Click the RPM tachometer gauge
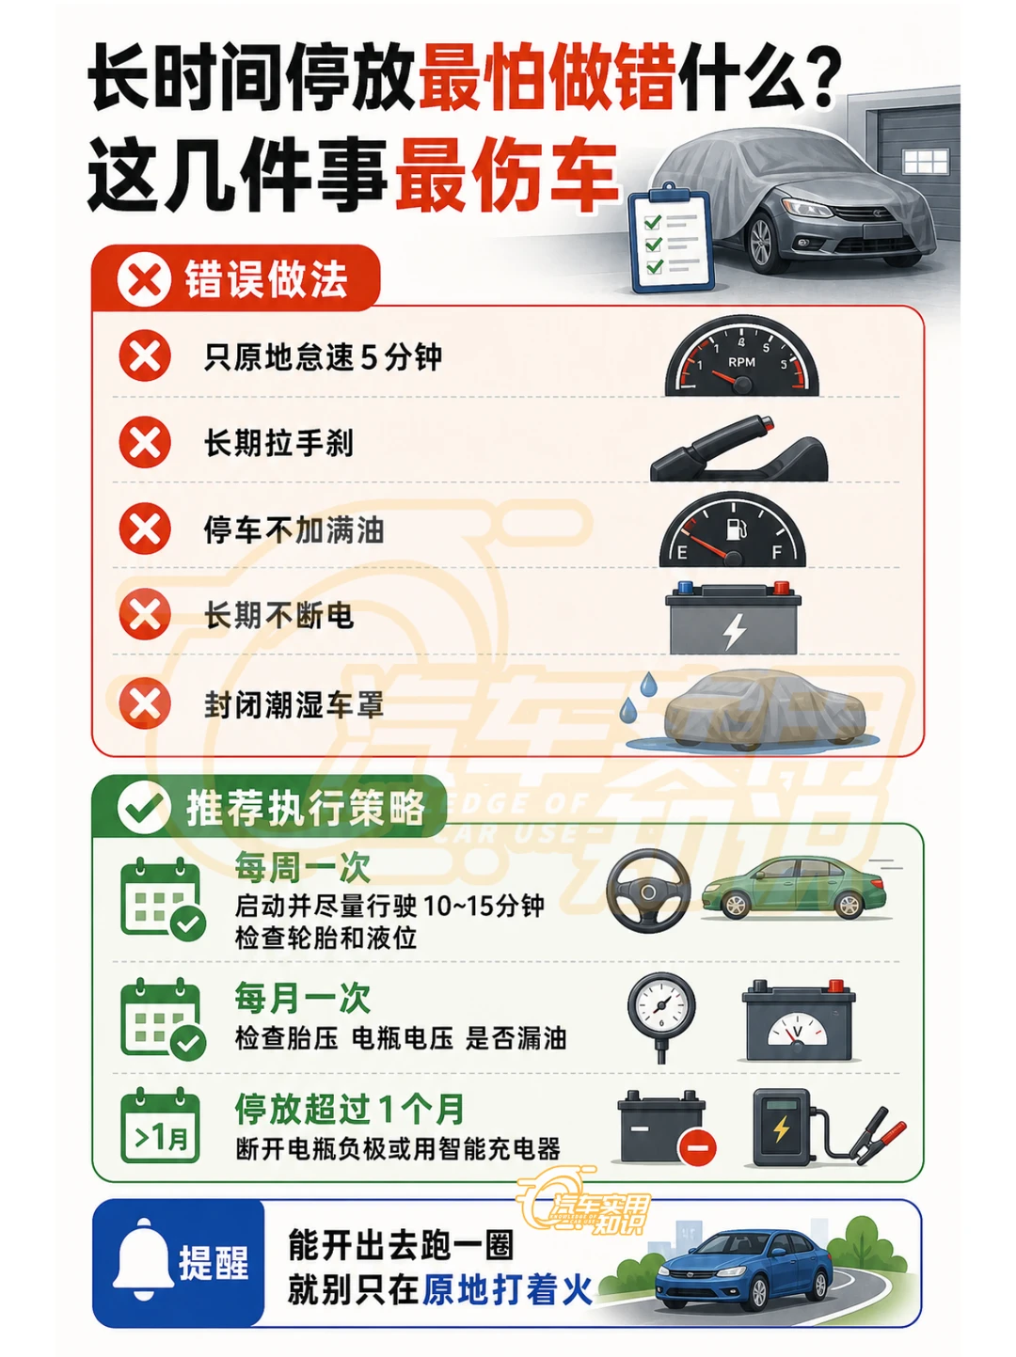(740, 356)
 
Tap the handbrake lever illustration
(738, 449)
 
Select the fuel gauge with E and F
(733, 529)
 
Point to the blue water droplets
(639, 696)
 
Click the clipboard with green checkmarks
(671, 239)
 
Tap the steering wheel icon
(647, 891)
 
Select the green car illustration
(793, 888)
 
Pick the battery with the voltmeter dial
(799, 1020)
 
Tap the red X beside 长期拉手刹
(145, 443)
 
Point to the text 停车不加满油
(294, 530)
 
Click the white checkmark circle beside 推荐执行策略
(144, 809)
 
